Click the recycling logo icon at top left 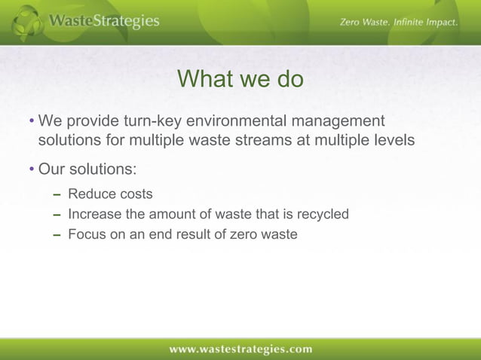pyautogui.click(x=27, y=21)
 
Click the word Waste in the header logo pyautogui.click(x=71, y=21)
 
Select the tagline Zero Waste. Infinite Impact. pyautogui.click(x=399, y=23)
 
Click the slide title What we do pyautogui.click(x=240, y=79)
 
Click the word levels pyautogui.click(x=391, y=140)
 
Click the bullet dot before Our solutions pyautogui.click(x=31, y=168)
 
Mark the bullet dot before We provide pyautogui.click(x=31, y=122)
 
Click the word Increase pyautogui.click(x=94, y=215)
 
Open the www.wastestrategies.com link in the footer pyautogui.click(x=240, y=349)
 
